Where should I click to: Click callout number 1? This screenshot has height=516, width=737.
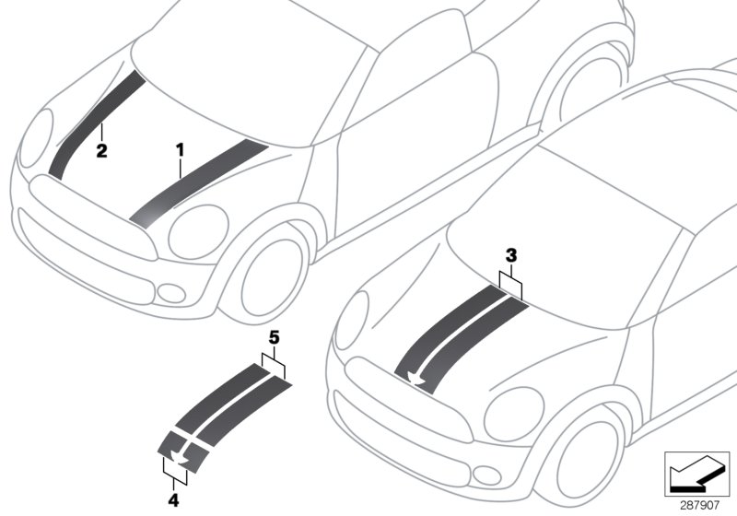[181, 147]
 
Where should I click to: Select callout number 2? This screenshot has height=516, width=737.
[102, 149]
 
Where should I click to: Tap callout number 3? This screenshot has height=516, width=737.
[513, 253]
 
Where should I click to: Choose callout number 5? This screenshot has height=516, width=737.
[274, 339]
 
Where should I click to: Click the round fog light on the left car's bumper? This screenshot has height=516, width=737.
[170, 293]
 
